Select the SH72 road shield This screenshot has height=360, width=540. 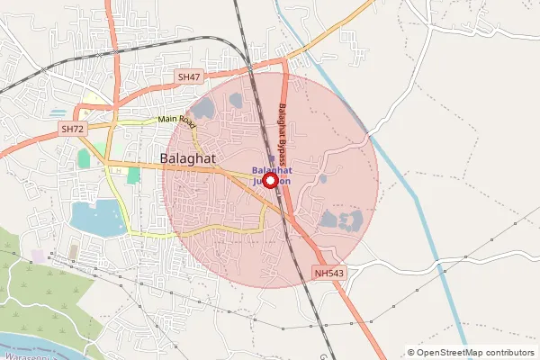(x=72, y=130)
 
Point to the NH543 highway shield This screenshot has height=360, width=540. (x=329, y=273)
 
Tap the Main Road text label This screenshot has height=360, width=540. (x=176, y=119)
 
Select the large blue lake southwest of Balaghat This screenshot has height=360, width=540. (x=97, y=218)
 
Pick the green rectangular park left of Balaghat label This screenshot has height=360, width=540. (x=133, y=175)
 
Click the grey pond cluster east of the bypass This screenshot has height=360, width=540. (x=340, y=219)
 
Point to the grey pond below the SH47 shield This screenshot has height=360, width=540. (x=203, y=109)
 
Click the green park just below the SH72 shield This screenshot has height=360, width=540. (x=84, y=158)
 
